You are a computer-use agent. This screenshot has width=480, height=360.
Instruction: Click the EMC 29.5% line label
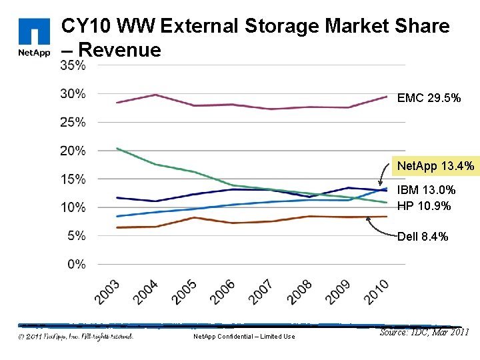coord(428,98)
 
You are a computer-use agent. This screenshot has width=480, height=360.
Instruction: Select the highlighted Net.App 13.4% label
coord(435,165)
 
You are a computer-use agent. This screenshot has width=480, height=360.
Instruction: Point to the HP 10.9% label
coord(424,206)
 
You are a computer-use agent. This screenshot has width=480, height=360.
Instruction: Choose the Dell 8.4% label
coord(423,237)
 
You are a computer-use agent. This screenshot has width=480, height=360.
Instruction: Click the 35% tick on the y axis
coord(73,65)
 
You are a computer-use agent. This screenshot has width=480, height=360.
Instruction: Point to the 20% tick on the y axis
coord(73,151)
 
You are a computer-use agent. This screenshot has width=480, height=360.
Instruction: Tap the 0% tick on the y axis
coord(75,265)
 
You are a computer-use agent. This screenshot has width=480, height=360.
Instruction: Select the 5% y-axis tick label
coord(75,236)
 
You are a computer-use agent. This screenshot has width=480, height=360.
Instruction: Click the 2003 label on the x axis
coord(107,293)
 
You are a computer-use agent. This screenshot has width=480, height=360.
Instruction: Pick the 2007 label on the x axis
coord(261,293)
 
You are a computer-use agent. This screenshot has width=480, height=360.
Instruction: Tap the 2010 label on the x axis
coord(376,293)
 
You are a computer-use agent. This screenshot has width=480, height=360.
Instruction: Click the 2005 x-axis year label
coord(184,293)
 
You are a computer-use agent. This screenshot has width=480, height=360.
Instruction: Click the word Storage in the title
coord(281,27)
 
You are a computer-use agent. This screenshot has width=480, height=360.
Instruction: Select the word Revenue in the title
coord(120,50)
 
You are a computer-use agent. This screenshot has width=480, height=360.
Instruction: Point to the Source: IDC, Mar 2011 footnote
coord(424,332)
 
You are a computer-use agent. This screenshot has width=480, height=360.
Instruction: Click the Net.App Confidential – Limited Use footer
coord(243,337)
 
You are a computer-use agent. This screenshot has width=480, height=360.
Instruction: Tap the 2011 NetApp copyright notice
coord(75,336)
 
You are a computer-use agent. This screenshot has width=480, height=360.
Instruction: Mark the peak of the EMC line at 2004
coord(155,95)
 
